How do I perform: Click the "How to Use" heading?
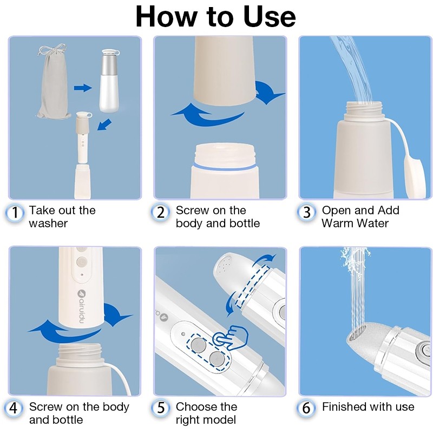215,17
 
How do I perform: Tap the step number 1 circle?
15,213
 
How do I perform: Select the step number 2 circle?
160,213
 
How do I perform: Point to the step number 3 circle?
306,213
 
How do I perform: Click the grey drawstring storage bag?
53,83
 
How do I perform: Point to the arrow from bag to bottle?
83,88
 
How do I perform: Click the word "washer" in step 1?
48,224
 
